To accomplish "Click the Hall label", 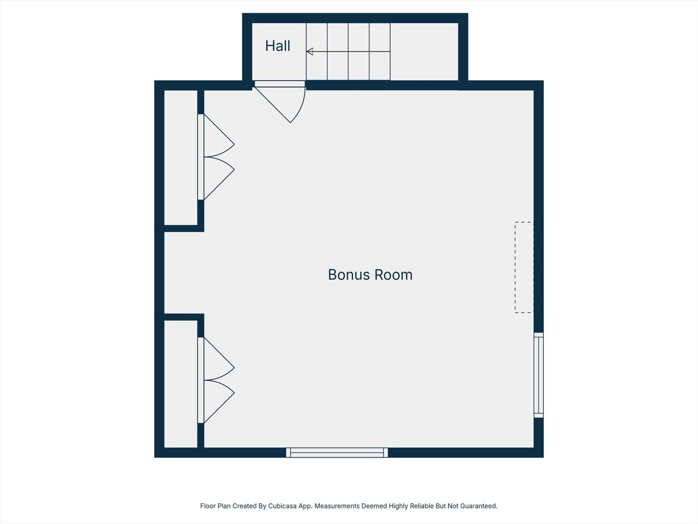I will coord(277,46).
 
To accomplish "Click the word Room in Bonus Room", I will coord(392,275).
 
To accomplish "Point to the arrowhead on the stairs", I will coord(310,51).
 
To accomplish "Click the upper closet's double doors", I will coord(217,157).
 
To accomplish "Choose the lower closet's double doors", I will coord(217,380).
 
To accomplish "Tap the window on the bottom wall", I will coord(337,453).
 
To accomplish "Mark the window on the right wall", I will coord(539,375).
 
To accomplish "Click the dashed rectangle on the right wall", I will coord(524,267).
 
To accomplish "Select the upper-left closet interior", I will coord(181,157).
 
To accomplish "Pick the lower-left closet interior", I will coord(181,383).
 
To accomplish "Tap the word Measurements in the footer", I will coord(336,506).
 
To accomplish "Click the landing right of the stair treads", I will coord(424,51).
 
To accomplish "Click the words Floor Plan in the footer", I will coord(215,506).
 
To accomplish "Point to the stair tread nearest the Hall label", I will coord(317,51).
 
